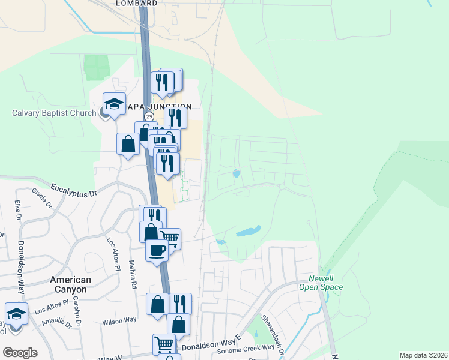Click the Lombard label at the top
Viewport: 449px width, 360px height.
click(136, 3)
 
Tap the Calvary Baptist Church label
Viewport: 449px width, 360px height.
click(54, 113)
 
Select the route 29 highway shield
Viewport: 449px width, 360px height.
click(149, 116)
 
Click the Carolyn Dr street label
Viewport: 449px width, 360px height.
click(78, 306)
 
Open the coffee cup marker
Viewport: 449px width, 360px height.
click(156, 250)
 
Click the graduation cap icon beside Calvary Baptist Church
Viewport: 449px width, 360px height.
click(113, 103)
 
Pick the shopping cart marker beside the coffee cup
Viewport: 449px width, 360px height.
click(170, 238)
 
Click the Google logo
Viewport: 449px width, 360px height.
click(20, 353)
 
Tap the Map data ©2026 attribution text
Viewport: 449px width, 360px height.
click(423, 355)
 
